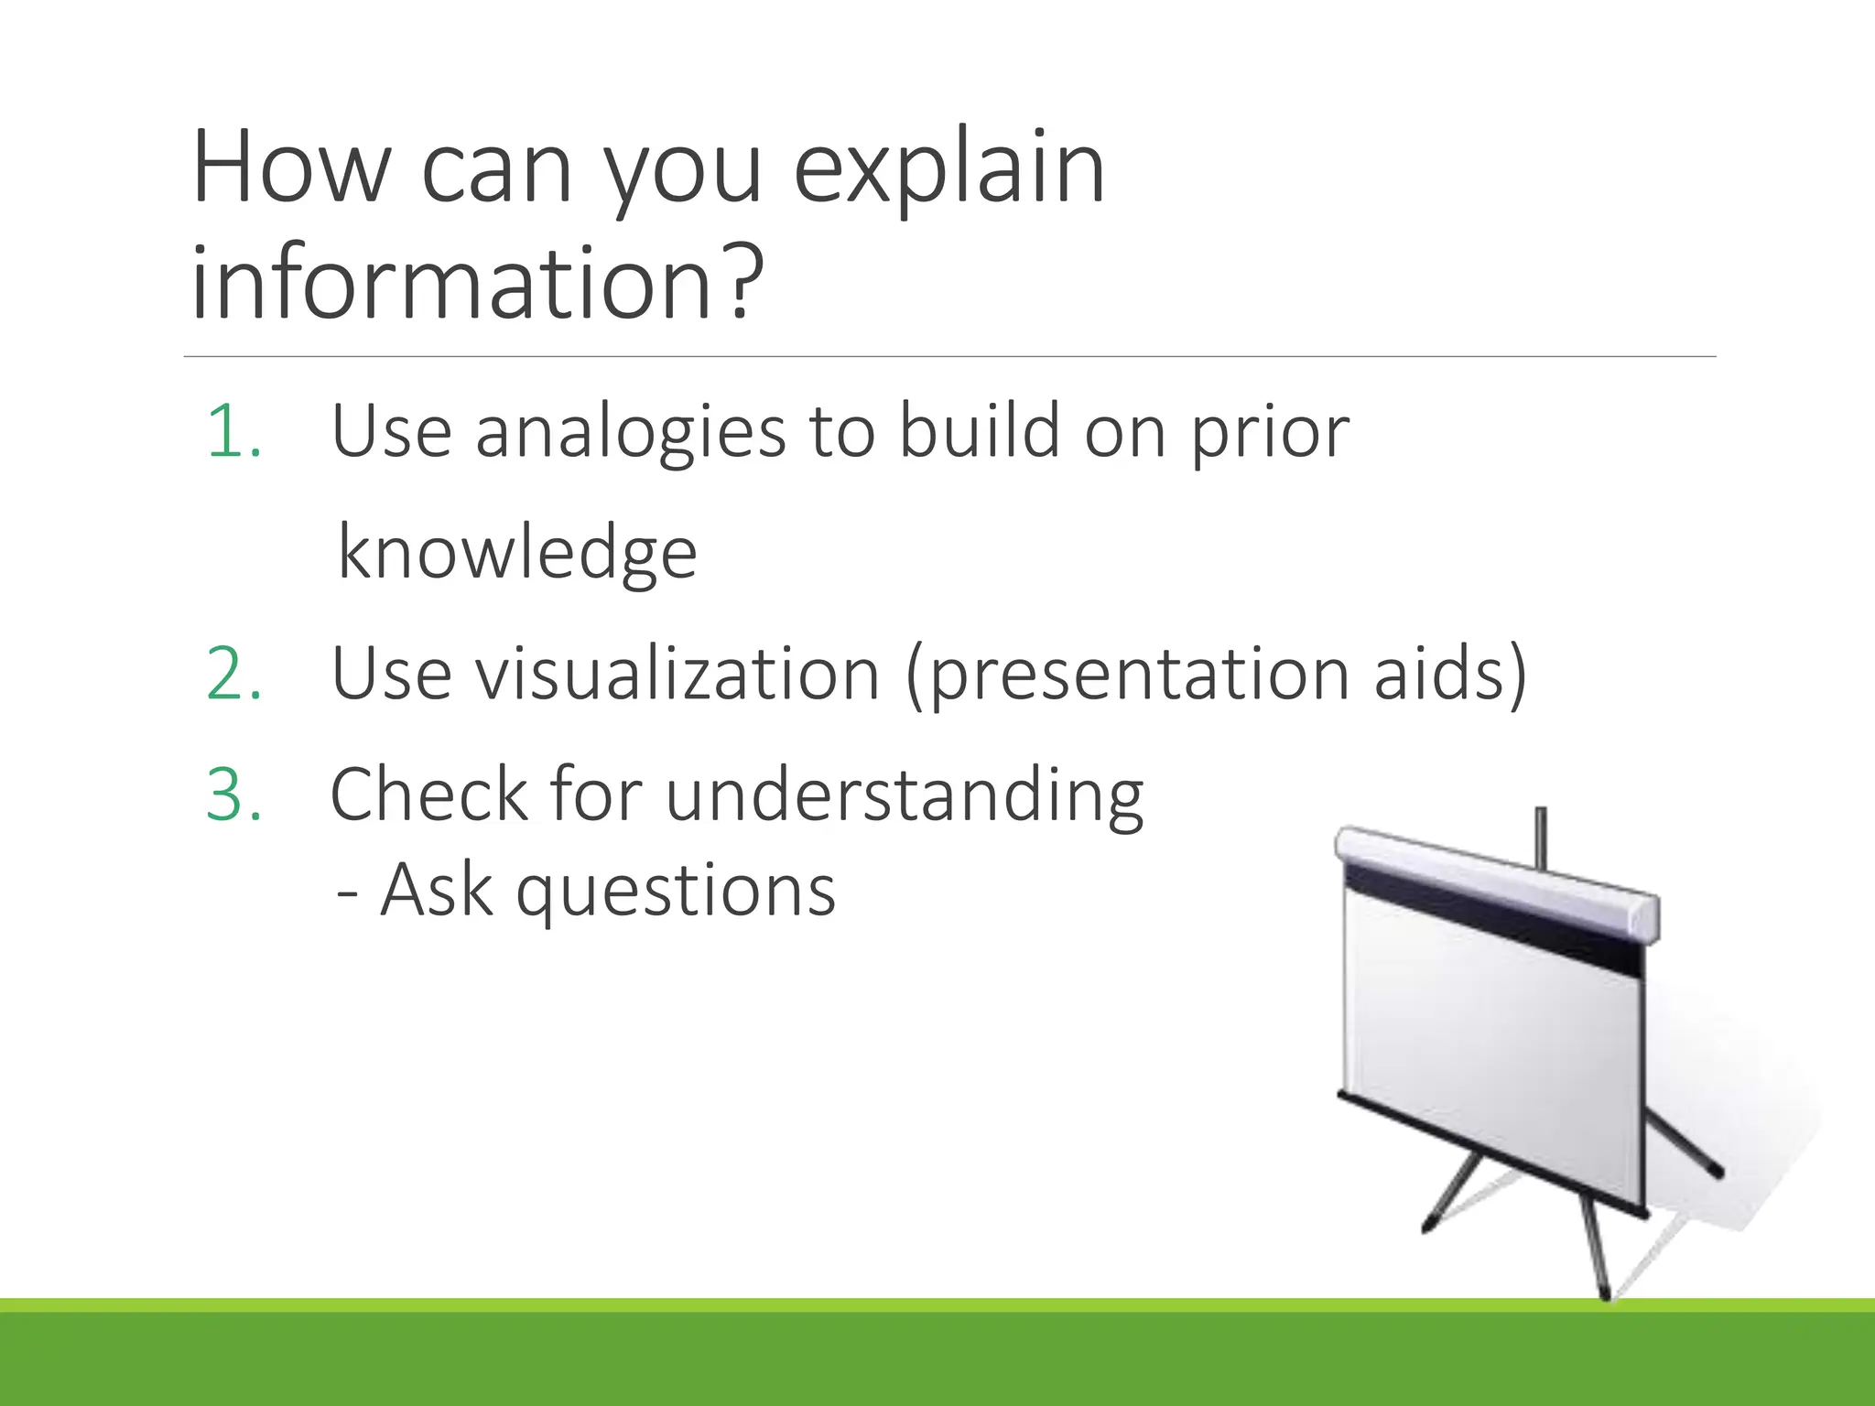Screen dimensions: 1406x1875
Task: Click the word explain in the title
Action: tap(948, 169)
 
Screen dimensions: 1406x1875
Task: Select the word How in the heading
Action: tap(291, 169)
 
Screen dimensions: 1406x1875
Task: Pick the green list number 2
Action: tap(233, 675)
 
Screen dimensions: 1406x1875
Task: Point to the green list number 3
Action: tap(233, 795)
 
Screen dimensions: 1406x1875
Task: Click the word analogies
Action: tap(630, 433)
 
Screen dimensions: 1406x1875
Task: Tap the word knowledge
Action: tap(517, 553)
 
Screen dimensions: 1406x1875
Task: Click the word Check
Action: tap(428, 795)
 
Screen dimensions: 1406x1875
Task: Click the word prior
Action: tap(1269, 433)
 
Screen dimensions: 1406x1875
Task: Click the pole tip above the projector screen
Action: tap(1541, 814)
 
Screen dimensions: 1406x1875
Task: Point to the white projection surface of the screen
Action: tap(1492, 1062)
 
